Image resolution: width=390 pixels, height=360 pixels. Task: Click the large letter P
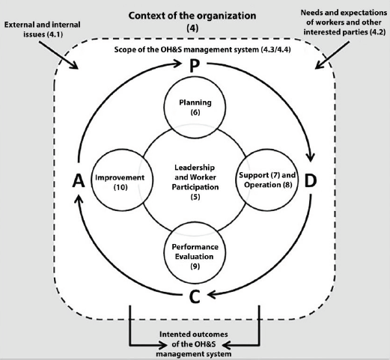[195, 66]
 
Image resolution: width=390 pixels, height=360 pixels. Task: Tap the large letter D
[311, 181]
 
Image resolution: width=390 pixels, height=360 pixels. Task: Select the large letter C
[195, 296]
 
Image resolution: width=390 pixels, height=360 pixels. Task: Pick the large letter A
[79, 181]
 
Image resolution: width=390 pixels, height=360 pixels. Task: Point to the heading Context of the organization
[192, 16]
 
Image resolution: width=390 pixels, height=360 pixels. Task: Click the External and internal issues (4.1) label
[43, 29]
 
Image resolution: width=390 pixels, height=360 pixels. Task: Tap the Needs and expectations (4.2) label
[344, 22]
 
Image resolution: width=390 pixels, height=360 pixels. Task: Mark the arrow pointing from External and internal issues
[58, 55]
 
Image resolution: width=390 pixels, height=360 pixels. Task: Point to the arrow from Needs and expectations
[332, 55]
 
